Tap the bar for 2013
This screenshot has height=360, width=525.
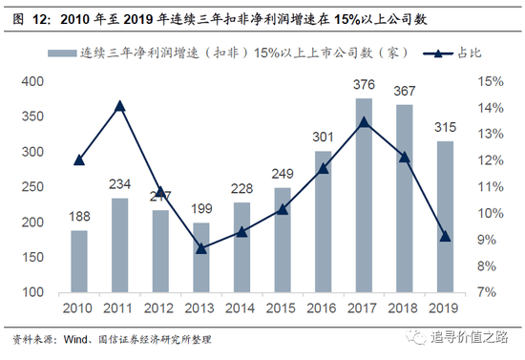tap(200, 257)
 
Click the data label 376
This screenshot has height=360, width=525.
tap(364, 88)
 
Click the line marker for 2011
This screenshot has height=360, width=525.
tap(120, 105)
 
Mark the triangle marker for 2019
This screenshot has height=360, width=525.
tap(446, 236)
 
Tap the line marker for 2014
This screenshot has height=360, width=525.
tap(241, 231)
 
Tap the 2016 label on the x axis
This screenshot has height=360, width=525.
tap(323, 308)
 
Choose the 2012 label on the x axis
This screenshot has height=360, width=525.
tap(160, 308)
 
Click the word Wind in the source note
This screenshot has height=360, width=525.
tap(73, 338)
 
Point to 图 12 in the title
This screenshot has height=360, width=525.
tap(26, 16)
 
